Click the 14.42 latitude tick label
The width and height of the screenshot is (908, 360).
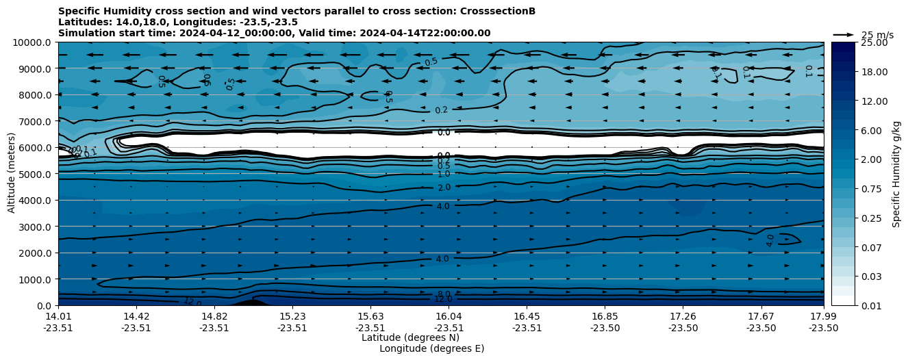[136, 316]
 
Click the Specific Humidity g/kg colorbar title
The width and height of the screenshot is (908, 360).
[896, 174]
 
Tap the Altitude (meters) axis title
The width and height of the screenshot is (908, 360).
[12, 174]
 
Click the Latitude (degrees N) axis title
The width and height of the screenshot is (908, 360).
[410, 337]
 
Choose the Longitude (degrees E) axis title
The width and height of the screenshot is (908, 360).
[431, 348]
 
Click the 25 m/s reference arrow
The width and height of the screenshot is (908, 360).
[843, 34]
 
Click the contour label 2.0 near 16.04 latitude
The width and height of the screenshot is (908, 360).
[444, 188]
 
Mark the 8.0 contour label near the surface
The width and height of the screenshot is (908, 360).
[444, 294]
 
